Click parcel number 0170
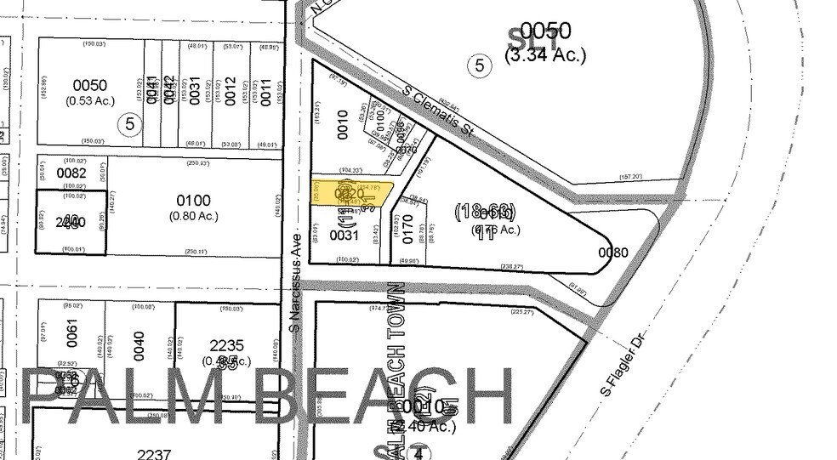coord(407,227)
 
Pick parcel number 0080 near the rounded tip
coord(612,253)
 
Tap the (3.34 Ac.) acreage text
coord(545,56)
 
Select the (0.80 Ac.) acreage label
coord(194,216)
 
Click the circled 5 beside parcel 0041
coord(129,123)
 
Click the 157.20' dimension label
coord(631,177)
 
